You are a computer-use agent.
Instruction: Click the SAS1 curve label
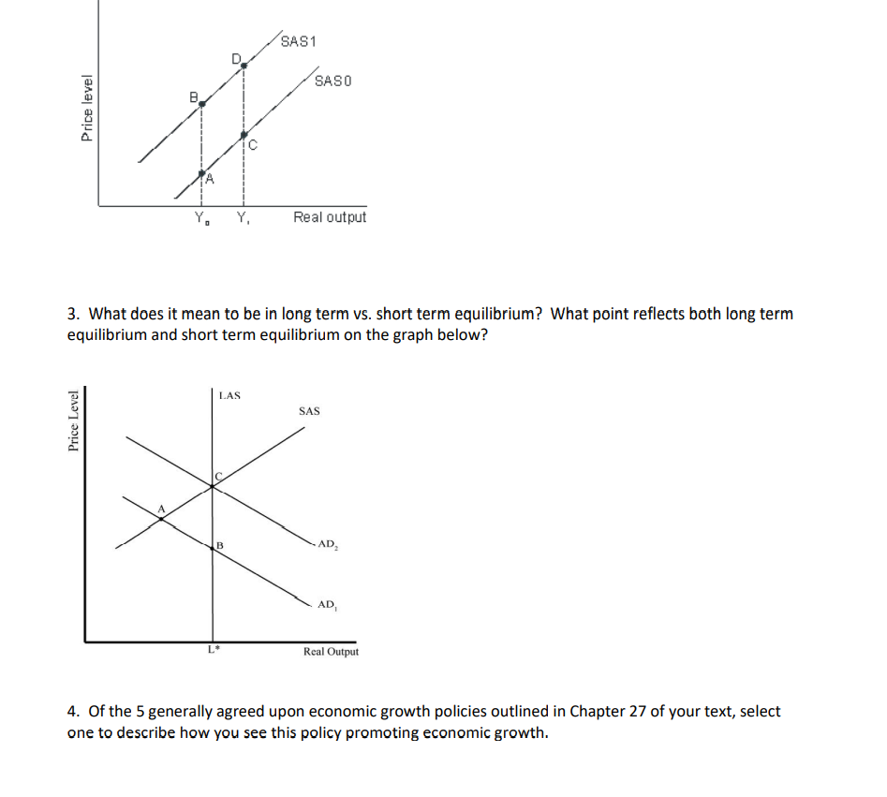300,42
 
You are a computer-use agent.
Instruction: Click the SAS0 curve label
333,81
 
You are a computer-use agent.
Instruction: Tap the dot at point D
244,66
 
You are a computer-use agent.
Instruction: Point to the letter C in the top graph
253,144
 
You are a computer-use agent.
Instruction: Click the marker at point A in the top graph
201,173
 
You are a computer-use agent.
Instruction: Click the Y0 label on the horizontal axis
200,219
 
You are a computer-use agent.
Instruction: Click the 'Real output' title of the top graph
330,217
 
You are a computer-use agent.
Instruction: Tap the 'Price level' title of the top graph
87,108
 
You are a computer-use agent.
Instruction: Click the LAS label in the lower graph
229,395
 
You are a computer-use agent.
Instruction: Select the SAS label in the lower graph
309,411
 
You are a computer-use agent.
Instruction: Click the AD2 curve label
327,544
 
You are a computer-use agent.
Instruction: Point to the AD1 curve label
327,605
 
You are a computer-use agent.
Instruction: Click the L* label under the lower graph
214,650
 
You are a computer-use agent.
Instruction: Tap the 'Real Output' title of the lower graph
331,652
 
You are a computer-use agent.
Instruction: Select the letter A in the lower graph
160,509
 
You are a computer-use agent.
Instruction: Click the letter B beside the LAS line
220,546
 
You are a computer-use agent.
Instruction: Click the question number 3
72,315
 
